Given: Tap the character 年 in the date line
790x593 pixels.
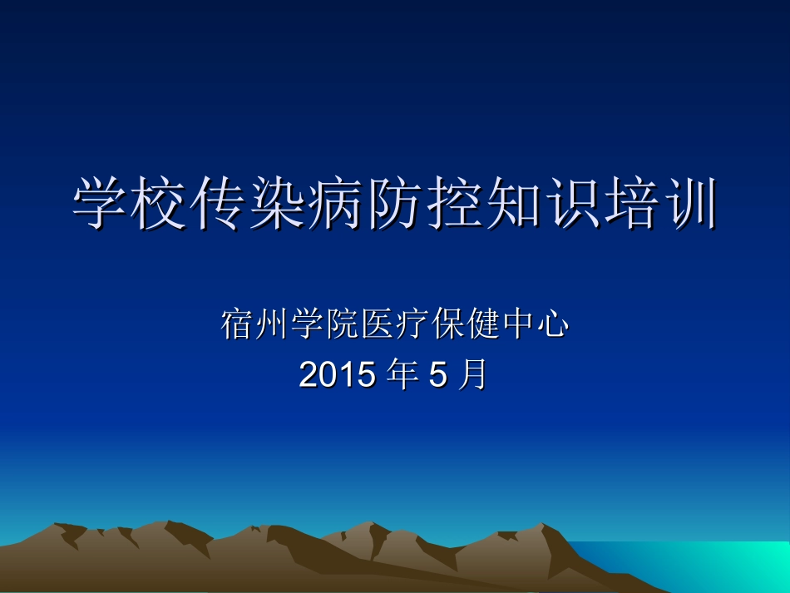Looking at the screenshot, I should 403,375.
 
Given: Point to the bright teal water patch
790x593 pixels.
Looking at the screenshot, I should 732,566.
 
